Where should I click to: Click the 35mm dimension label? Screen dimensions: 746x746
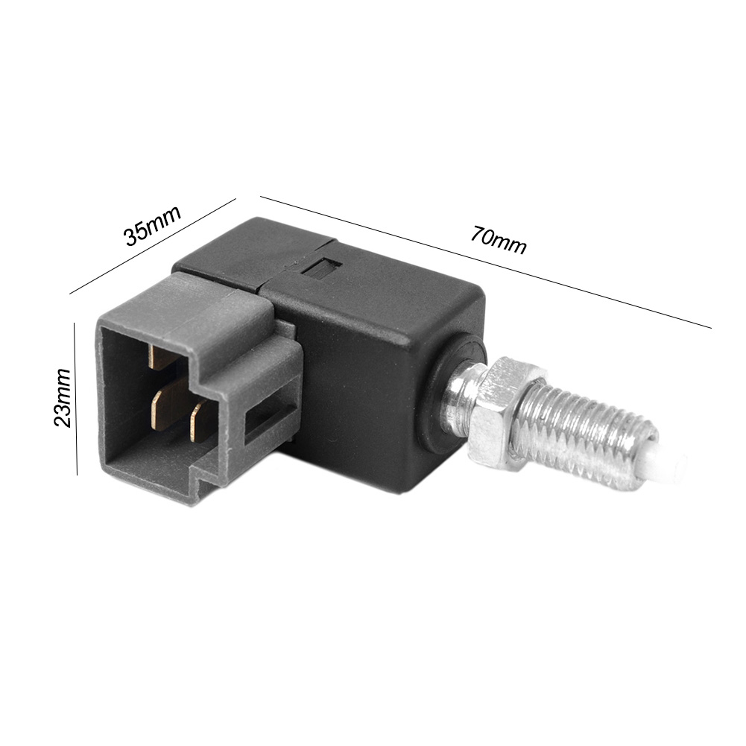153,226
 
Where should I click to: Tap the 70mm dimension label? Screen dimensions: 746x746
499,240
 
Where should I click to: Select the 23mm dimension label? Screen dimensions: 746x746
63,398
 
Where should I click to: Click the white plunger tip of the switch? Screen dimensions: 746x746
671,467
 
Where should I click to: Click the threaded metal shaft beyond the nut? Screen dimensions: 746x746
590,437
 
